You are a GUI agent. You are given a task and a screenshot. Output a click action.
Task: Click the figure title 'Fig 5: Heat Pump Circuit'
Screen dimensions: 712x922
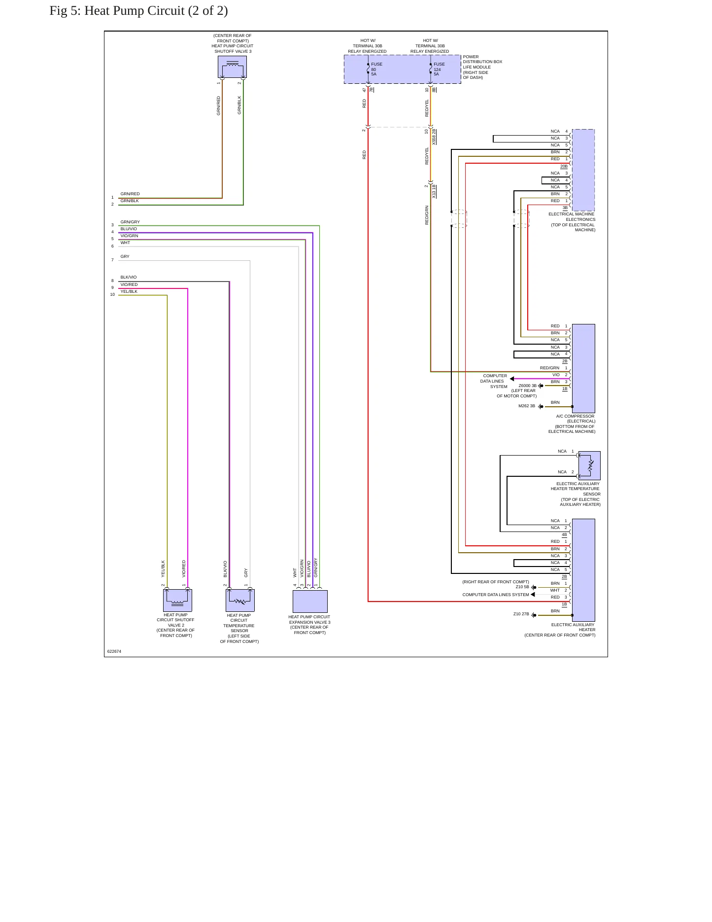click(x=117, y=11)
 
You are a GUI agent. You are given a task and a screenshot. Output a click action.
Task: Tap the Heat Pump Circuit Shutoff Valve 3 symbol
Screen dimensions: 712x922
click(x=232, y=67)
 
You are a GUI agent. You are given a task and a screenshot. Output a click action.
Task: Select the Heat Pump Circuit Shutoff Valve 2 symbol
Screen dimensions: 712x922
click(x=177, y=600)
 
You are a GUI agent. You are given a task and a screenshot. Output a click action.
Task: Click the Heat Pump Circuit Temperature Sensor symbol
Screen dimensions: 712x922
click(x=240, y=600)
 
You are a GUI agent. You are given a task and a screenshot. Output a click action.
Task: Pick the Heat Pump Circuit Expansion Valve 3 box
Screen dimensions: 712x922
click(x=310, y=601)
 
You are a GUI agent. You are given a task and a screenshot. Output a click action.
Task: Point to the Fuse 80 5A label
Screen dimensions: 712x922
click(x=376, y=69)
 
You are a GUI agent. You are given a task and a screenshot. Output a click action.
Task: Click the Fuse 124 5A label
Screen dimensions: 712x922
click(x=439, y=69)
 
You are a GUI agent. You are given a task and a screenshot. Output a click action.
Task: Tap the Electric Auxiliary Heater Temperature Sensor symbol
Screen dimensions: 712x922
click(x=589, y=465)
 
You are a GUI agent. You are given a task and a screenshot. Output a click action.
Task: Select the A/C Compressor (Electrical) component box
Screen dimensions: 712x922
click(x=583, y=368)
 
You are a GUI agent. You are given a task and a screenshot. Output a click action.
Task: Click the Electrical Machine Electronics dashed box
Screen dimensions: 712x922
click(x=583, y=170)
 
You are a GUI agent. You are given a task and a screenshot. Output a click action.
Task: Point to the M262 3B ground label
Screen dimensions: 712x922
click(x=527, y=406)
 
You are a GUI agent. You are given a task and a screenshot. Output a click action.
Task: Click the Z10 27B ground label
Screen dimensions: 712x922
click(x=521, y=614)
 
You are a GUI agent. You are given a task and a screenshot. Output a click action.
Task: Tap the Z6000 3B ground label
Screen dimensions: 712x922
click(x=528, y=386)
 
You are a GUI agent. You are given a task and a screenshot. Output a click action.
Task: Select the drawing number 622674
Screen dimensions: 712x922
click(x=114, y=651)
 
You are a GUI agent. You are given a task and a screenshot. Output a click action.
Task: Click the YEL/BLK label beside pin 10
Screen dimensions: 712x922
click(x=129, y=291)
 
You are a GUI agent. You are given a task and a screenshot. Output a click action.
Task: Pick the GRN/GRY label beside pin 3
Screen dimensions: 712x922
click(x=130, y=222)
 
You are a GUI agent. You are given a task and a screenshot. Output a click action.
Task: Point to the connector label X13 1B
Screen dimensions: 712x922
click(x=434, y=191)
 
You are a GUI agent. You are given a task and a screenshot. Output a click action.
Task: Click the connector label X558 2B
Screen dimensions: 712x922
click(x=434, y=137)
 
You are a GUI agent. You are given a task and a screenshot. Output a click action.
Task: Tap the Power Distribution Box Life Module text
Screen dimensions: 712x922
click(x=482, y=67)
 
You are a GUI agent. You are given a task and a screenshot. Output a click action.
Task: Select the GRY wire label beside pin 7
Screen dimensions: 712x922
click(x=125, y=256)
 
